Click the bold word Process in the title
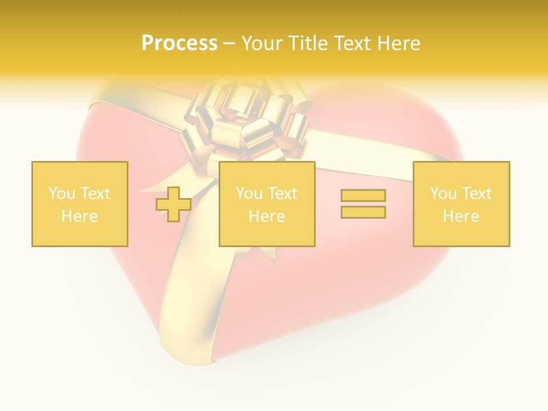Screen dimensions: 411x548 click(x=179, y=43)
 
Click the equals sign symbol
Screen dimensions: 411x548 click(x=363, y=204)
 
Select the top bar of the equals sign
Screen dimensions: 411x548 click(x=363, y=196)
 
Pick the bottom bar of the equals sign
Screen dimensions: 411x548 click(x=363, y=212)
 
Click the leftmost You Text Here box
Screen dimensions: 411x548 click(x=80, y=204)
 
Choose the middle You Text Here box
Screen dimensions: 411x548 click(x=267, y=204)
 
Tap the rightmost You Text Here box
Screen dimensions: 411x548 click(x=461, y=204)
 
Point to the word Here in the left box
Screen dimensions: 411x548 click(x=80, y=216)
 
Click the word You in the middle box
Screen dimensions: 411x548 click(x=249, y=194)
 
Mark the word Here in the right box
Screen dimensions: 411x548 click(x=461, y=216)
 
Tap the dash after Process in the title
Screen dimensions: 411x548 click(x=229, y=43)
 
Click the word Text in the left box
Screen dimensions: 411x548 click(x=95, y=194)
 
